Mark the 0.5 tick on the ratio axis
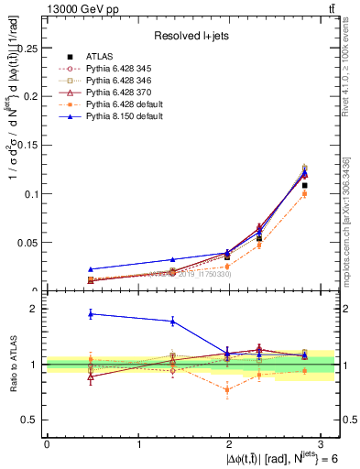click(33, 420)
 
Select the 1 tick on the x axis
click(138, 444)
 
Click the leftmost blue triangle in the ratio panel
click(90, 314)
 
